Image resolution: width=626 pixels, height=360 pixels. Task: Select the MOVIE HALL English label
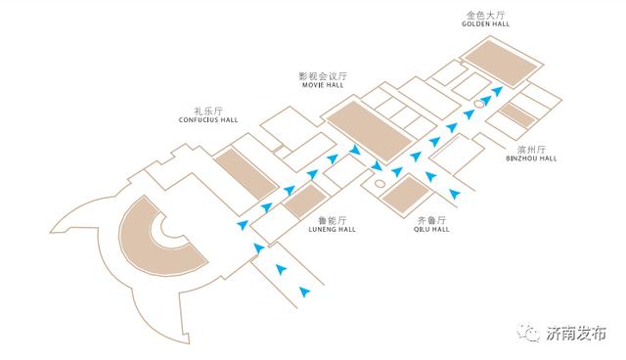click(323, 85)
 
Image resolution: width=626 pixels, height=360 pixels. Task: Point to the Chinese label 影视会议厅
click(323, 75)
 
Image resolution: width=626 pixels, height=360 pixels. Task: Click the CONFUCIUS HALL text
click(208, 120)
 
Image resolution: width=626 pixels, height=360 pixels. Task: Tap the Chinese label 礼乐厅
click(208, 111)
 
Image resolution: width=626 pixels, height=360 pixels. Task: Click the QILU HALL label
click(430, 231)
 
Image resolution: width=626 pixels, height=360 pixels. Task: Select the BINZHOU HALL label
click(532, 158)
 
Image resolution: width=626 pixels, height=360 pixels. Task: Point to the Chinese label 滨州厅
click(532, 148)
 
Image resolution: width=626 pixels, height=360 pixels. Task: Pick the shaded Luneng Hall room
click(303, 202)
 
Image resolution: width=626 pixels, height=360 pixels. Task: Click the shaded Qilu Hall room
click(401, 193)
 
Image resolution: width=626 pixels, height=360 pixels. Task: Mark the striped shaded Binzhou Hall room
click(515, 118)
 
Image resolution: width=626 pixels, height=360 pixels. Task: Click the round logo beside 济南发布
click(530, 333)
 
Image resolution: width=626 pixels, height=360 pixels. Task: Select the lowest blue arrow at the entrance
click(305, 291)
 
